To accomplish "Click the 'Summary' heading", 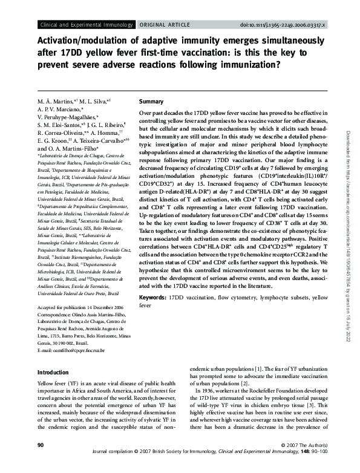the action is (151, 102).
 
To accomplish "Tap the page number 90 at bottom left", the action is (42, 462).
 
